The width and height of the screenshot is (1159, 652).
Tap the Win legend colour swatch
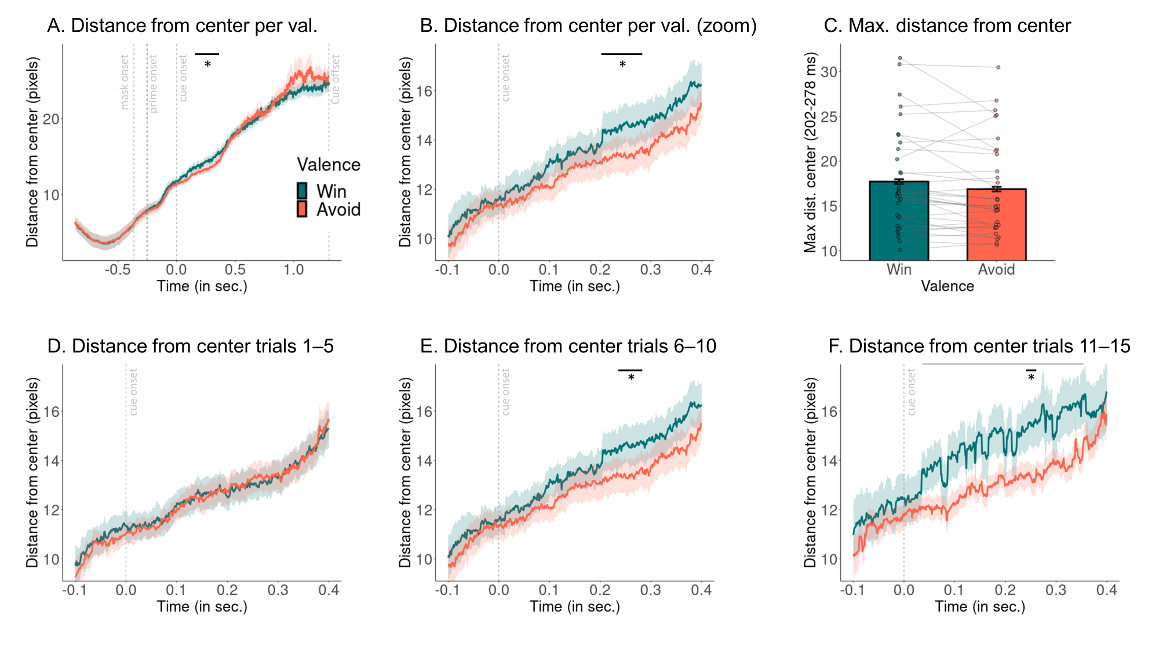[x=302, y=191]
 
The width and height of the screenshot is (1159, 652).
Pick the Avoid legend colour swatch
[x=302, y=209]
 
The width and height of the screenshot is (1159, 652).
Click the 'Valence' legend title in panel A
[x=329, y=165]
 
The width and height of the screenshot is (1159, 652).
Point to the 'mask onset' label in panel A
[x=125, y=82]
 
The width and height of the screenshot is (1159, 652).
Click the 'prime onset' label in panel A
[x=154, y=84]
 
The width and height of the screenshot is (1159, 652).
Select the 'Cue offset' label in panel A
[x=335, y=79]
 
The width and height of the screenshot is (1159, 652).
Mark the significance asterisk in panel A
[x=207, y=64]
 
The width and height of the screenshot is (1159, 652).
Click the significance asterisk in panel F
[x=1031, y=378]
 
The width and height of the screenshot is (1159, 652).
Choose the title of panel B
[x=588, y=26]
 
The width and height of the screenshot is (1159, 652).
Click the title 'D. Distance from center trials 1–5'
[x=191, y=346]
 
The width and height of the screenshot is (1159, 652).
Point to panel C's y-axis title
[x=810, y=152]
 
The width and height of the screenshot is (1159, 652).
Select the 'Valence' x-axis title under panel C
[x=947, y=286]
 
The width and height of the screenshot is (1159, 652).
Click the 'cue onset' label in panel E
[x=506, y=392]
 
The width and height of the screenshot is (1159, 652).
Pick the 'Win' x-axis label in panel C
[x=899, y=269]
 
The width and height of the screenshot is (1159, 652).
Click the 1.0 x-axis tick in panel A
[x=294, y=269]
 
